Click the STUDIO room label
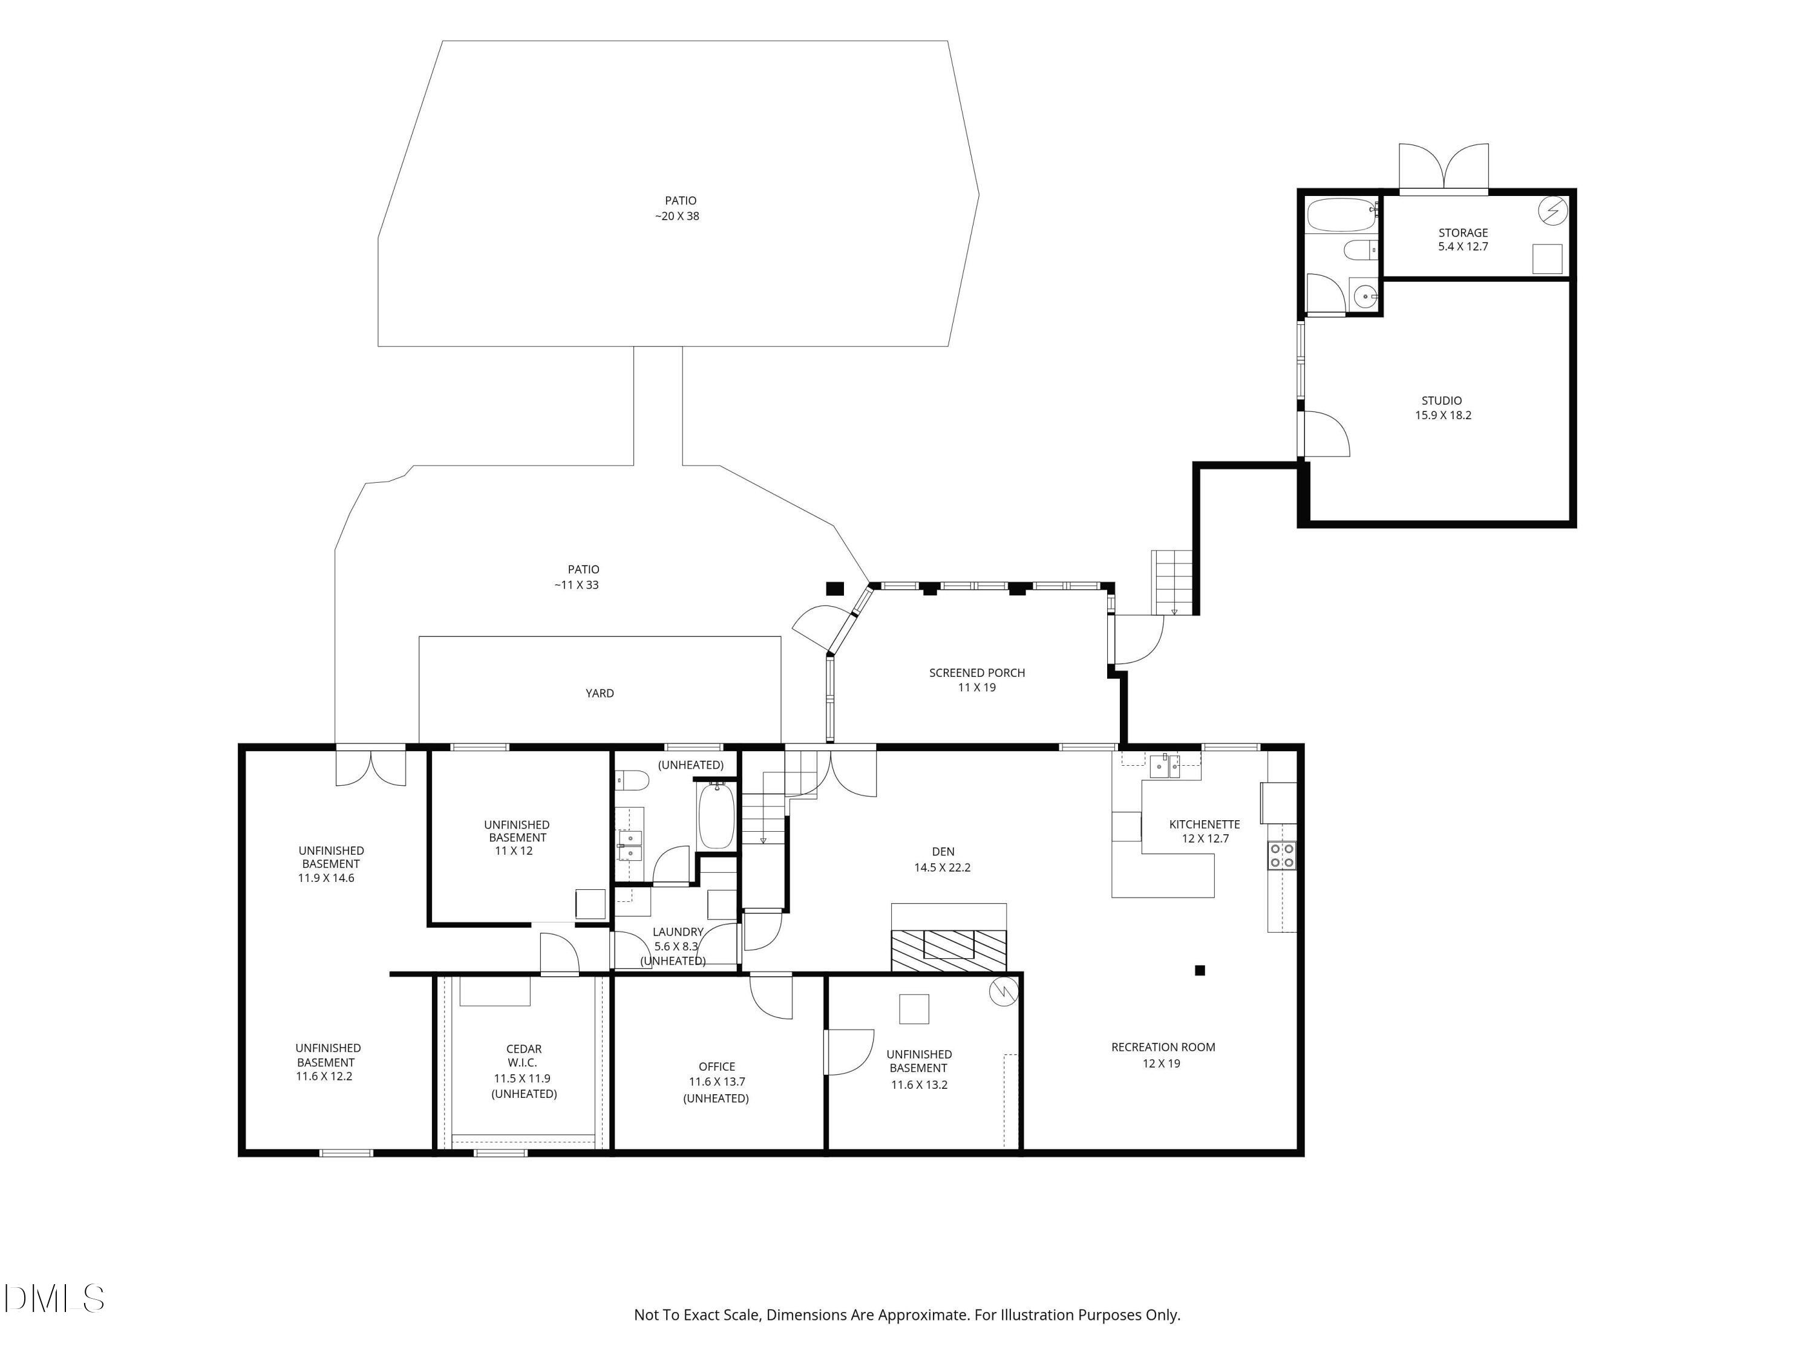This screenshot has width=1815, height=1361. pos(1442,401)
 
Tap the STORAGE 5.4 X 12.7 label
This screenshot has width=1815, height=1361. pos(1463,240)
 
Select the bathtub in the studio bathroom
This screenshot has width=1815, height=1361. pos(1341,215)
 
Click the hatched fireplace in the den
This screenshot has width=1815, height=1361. pos(949,950)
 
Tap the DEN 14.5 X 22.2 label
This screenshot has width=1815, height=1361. pos(943,859)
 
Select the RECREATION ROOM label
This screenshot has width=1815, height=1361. pos(1163,1047)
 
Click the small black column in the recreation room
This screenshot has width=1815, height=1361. pos(1200,970)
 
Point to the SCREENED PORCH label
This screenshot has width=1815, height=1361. pos(977,673)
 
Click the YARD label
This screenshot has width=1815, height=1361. pos(600,693)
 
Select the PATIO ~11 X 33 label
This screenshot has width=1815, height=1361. pos(583,576)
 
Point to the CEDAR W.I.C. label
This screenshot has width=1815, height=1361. pos(523,1055)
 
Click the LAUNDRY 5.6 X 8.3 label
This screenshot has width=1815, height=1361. pos(678,939)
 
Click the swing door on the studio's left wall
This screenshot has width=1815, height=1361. pos(1324,434)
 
